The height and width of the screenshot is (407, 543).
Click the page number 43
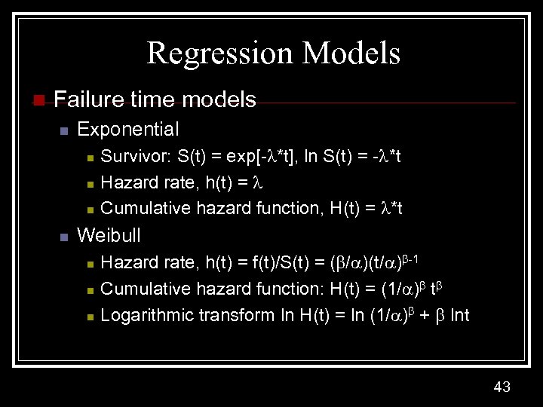pos(502,387)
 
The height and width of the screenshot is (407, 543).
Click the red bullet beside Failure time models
pos(38,99)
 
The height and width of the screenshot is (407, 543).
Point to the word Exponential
pos(128,129)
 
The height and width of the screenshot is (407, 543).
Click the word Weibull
pos(109,234)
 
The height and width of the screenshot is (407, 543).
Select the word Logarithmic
pos(147,314)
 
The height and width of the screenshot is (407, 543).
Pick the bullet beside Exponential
pos(64,130)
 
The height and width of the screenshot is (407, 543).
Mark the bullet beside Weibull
pos(64,236)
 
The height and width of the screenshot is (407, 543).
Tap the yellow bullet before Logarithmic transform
pos(90,316)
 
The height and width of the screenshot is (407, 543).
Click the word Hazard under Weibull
pos(125,263)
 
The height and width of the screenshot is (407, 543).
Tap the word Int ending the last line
pos(459,314)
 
